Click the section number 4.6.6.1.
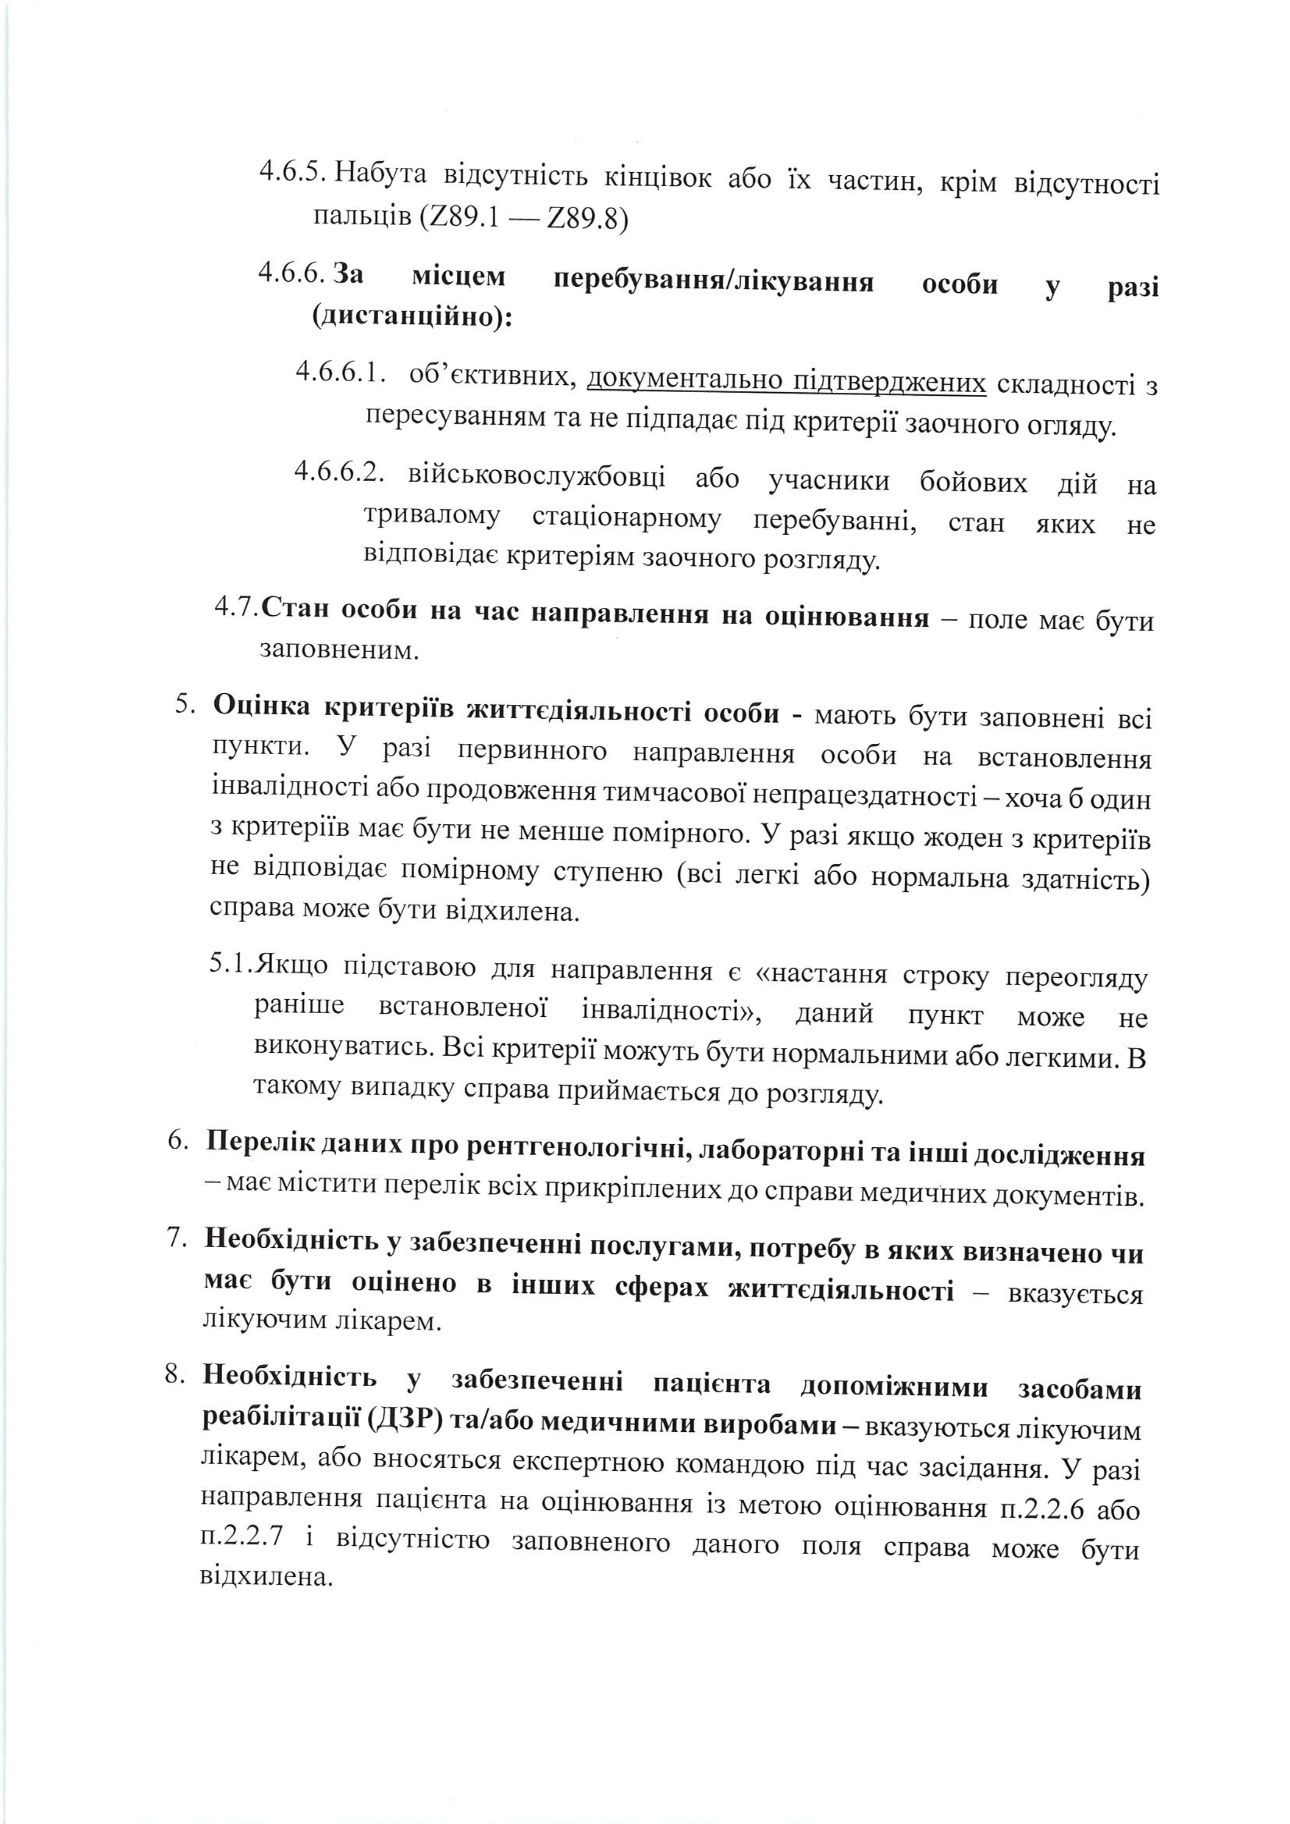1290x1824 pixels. (344, 371)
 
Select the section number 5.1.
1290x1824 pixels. (231, 964)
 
